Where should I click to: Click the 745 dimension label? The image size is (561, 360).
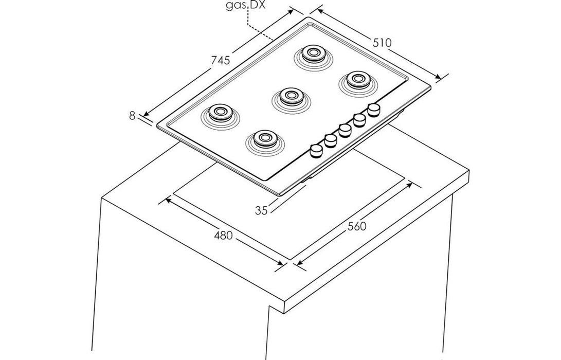coord(220,60)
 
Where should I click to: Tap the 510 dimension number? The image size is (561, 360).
coord(382,43)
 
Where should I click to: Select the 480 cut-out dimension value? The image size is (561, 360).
coord(223,236)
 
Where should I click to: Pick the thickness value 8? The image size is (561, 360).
coord(132,116)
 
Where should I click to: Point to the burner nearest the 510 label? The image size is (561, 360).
coord(355,79)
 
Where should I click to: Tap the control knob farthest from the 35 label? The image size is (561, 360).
coord(374,109)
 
